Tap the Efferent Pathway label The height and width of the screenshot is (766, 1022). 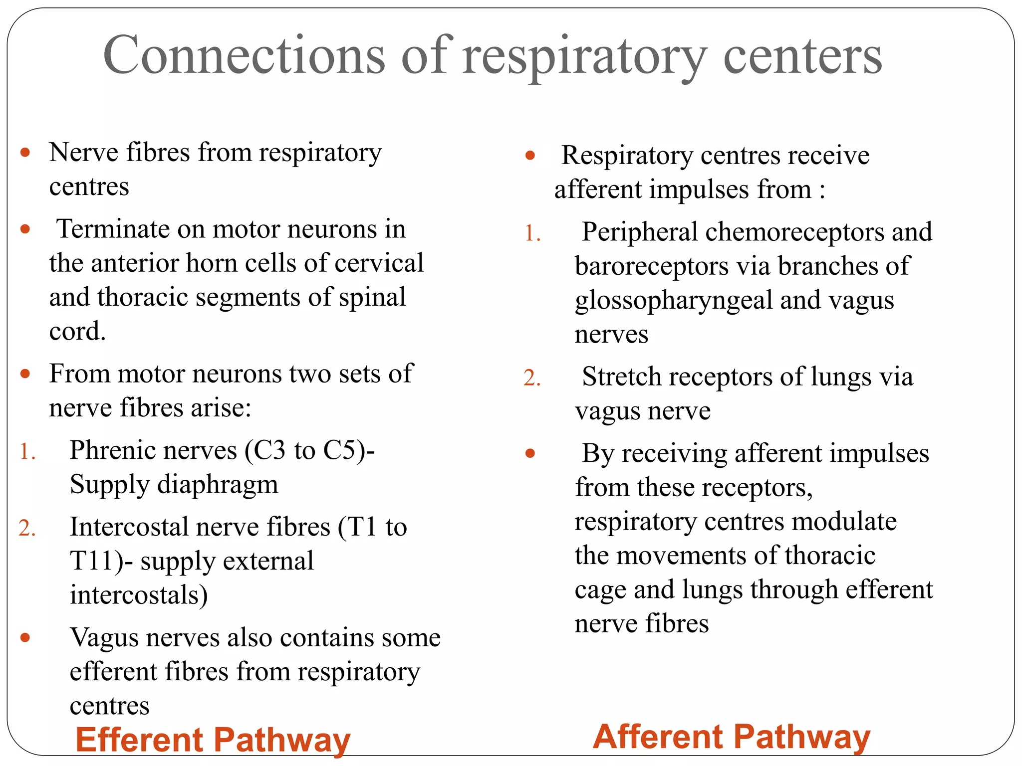(x=213, y=740)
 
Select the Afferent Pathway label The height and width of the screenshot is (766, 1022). (x=732, y=737)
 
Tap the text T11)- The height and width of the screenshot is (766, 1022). (x=101, y=561)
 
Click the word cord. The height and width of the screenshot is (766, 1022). (x=77, y=331)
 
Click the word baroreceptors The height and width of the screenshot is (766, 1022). (x=651, y=266)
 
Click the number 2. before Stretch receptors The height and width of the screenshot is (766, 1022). (x=532, y=378)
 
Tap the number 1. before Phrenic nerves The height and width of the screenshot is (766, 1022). (x=27, y=452)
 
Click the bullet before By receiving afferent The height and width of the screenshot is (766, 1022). (x=530, y=453)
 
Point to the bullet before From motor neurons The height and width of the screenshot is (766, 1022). (x=25, y=374)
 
